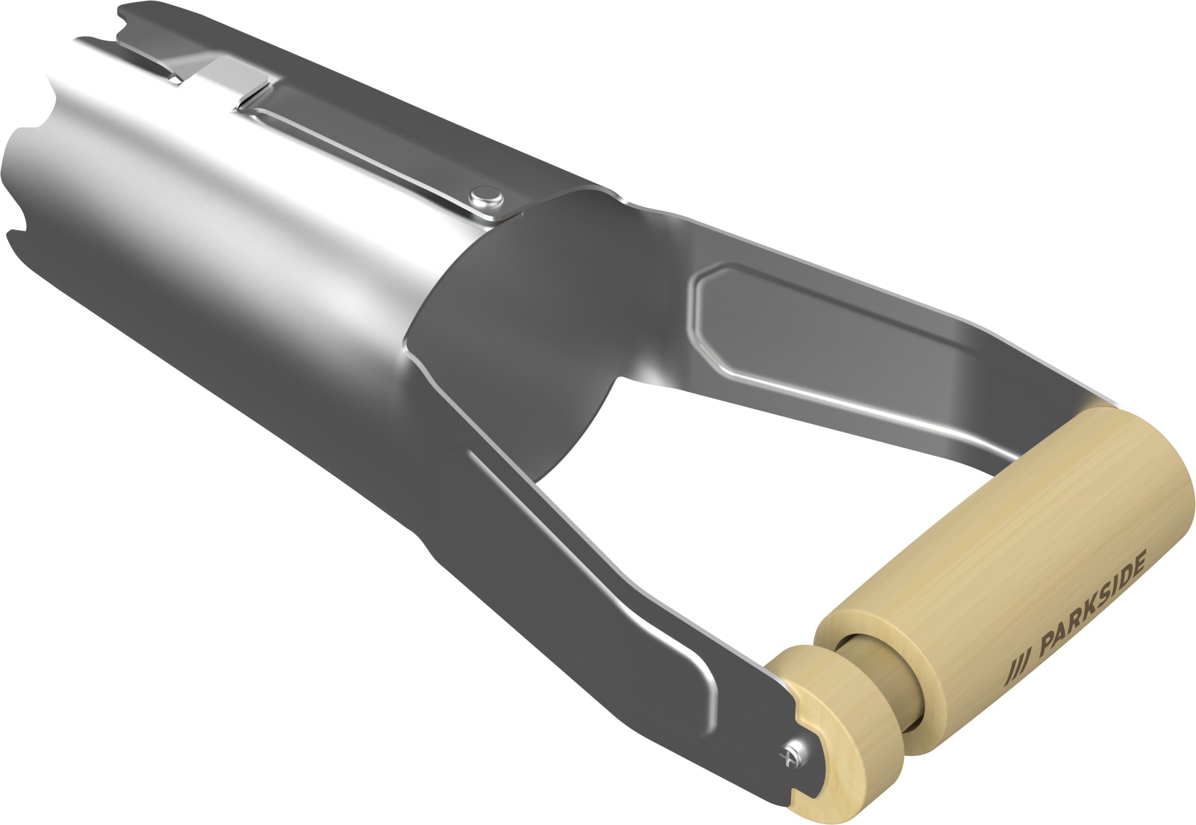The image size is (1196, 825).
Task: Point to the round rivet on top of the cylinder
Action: click(486, 197)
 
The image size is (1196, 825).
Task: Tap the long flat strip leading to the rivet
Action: click(362, 150)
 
